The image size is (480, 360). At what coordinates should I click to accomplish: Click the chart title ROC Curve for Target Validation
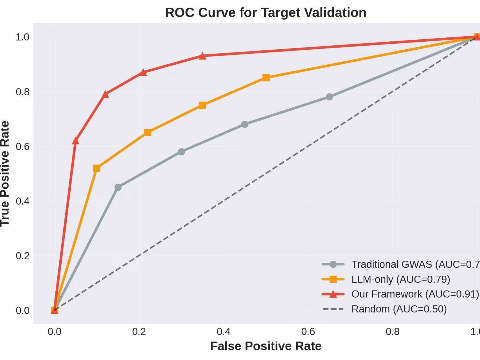click(265, 13)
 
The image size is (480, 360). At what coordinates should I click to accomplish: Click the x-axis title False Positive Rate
click(265, 346)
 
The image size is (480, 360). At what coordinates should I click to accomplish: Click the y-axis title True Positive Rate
click(5, 174)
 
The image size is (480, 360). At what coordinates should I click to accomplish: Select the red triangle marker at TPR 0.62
click(75, 141)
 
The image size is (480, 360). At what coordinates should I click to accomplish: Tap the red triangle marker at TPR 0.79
click(105, 94)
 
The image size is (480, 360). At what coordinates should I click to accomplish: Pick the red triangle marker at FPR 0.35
click(202, 56)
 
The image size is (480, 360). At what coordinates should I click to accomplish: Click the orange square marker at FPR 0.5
click(266, 78)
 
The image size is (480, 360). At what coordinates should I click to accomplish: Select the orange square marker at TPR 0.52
click(96, 168)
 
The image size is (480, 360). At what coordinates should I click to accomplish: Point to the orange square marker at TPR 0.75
click(202, 105)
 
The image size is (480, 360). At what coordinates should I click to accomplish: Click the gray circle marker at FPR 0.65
click(329, 97)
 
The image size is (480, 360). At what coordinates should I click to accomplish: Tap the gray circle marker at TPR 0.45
click(118, 187)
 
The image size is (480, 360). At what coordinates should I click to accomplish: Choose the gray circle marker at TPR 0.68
click(245, 124)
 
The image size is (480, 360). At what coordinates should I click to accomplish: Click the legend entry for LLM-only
click(400, 279)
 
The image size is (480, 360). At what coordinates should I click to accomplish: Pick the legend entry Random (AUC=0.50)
click(399, 309)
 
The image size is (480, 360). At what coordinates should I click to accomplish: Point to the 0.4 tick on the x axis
click(224, 332)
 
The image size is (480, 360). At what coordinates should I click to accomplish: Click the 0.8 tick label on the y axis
click(22, 92)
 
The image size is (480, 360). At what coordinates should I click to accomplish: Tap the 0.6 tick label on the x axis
click(308, 332)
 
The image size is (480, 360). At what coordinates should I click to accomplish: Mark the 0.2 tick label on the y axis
click(22, 256)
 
